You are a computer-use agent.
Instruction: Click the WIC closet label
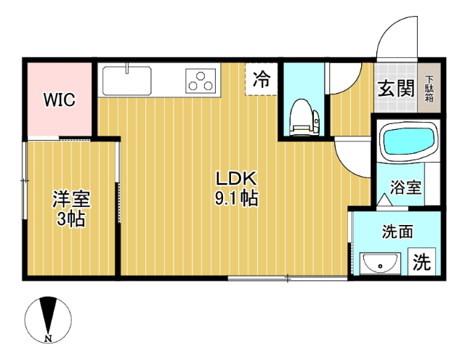tap(59, 100)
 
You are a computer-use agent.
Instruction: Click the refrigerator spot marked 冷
tap(261, 80)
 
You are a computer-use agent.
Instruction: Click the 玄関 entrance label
tap(395, 89)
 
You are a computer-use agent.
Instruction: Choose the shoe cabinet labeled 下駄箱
tap(430, 89)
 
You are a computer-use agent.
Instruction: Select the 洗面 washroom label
tap(397, 232)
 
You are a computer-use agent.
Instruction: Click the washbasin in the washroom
tap(380, 264)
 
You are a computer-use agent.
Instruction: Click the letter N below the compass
tap(48, 338)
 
